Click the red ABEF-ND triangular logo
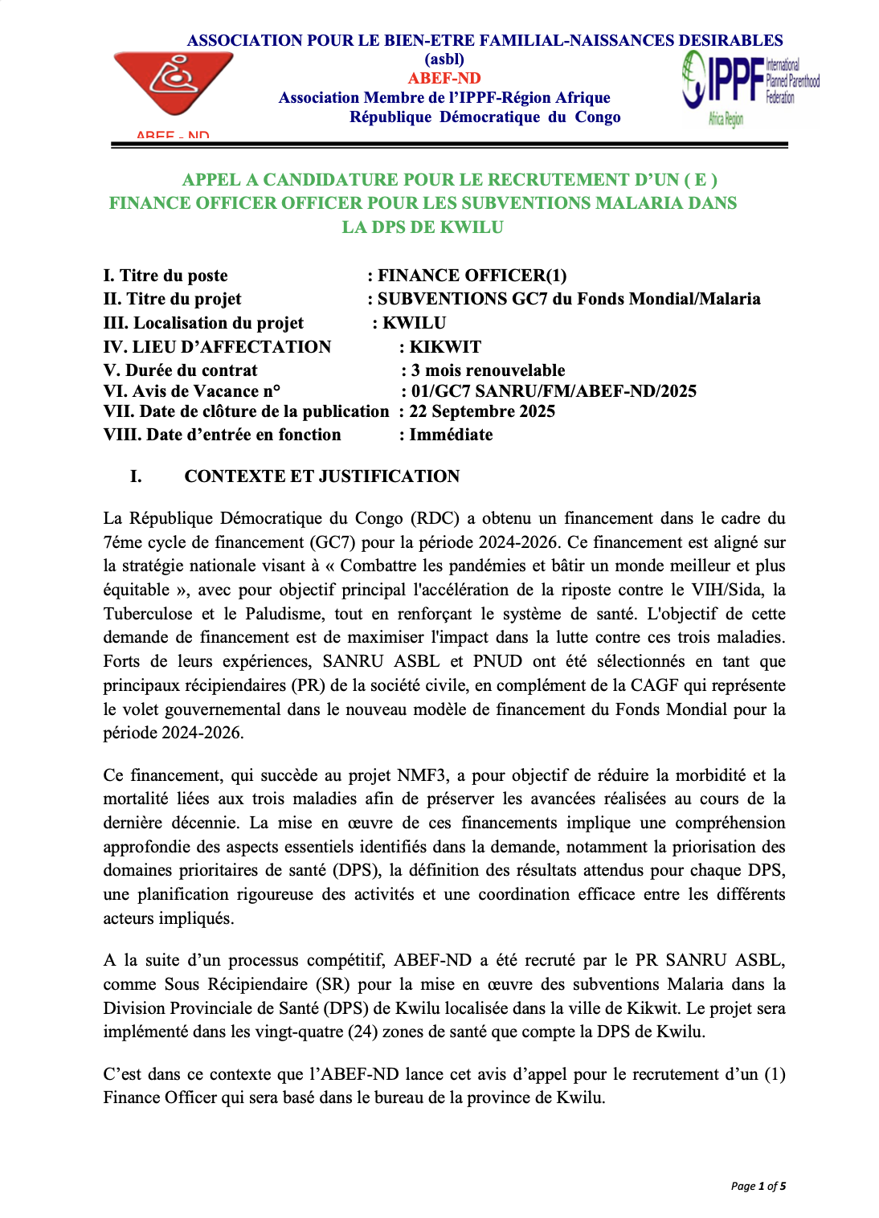coord(174,83)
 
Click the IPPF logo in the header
coord(749,87)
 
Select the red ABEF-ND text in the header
coord(444,78)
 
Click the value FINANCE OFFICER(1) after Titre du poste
coord(472,276)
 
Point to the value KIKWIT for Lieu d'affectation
coord(445,346)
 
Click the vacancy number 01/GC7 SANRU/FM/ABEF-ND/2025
coord(554,390)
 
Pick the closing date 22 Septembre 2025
coord(482,411)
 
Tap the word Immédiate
coord(451,434)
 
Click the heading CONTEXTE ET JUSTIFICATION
coord(321,476)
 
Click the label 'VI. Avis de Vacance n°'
coord(192,390)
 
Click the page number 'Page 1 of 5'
coord(758,1186)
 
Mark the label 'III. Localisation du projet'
coord(203,322)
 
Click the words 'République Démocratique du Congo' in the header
coord(484,116)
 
